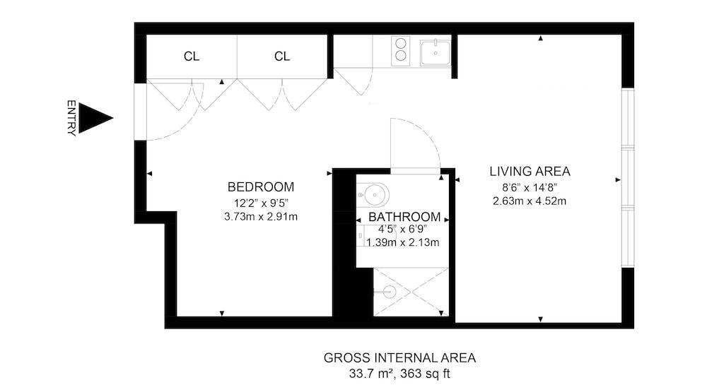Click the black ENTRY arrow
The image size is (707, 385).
point(93,118)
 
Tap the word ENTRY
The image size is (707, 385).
point(71,118)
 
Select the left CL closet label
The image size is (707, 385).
point(191,57)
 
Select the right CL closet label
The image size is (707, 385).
point(282,57)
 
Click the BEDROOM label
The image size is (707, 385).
point(260,187)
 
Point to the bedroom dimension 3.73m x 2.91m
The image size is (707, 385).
point(260,216)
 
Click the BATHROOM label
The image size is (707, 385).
point(404,217)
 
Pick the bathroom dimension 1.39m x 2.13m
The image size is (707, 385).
point(402,242)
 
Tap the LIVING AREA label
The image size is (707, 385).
point(530,172)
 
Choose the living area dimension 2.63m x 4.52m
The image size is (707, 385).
point(530,201)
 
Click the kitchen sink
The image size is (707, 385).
point(436,52)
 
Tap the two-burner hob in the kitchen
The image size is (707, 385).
point(402,51)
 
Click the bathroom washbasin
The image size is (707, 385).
point(373,193)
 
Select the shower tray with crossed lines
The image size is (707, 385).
point(410,292)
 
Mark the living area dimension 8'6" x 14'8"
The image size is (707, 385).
point(530,187)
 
